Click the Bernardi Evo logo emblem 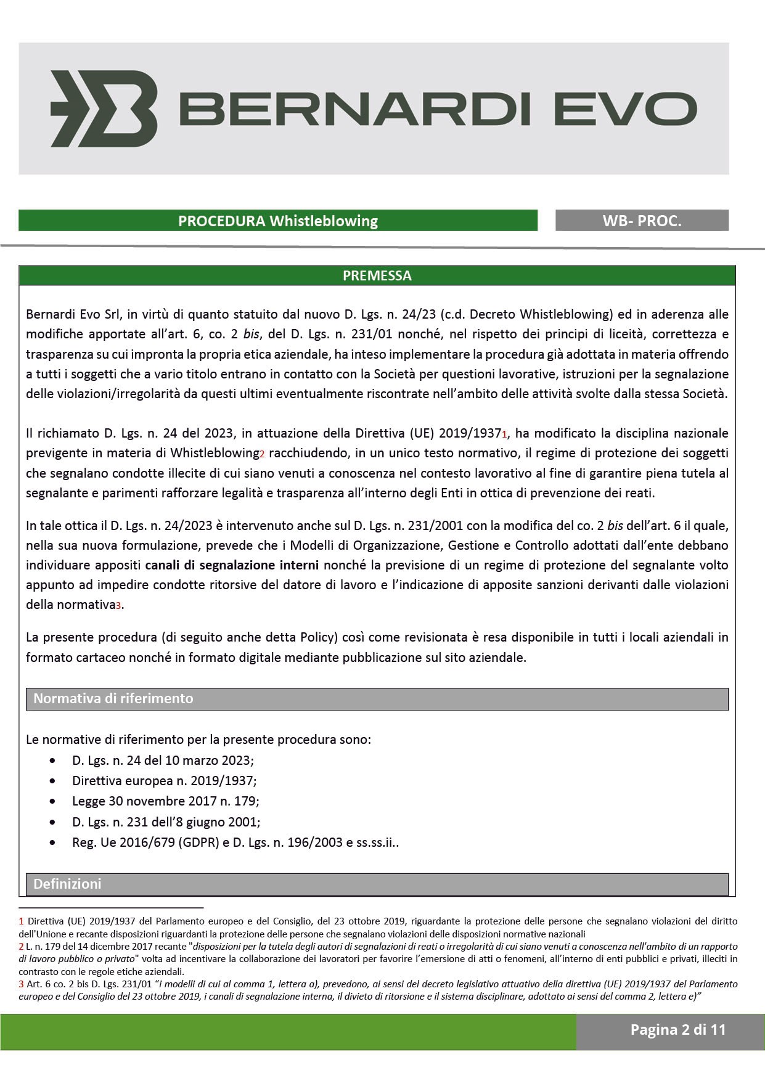(104, 108)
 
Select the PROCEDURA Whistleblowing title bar (277, 221)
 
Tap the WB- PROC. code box (642, 221)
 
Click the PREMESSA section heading (377, 275)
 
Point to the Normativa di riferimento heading (113, 698)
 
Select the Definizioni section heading (67, 884)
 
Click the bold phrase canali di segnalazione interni (232, 565)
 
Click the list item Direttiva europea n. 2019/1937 (164, 781)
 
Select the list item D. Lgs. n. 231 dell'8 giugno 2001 (166, 822)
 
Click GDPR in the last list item (198, 842)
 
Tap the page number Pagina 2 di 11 (678, 1029)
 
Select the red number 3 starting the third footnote (21, 984)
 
